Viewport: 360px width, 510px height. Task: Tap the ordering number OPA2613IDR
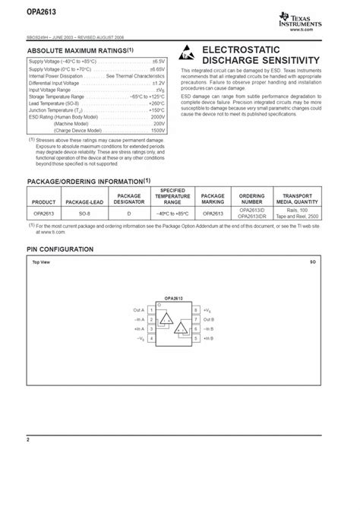tap(251, 217)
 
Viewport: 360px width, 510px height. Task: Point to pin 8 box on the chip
tap(196, 310)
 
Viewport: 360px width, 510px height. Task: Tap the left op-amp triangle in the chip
tap(167, 319)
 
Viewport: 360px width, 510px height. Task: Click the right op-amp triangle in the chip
tap(182, 329)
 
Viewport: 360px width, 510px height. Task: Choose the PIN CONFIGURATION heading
tap(61, 249)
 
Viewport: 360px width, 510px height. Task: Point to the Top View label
tap(40, 262)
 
